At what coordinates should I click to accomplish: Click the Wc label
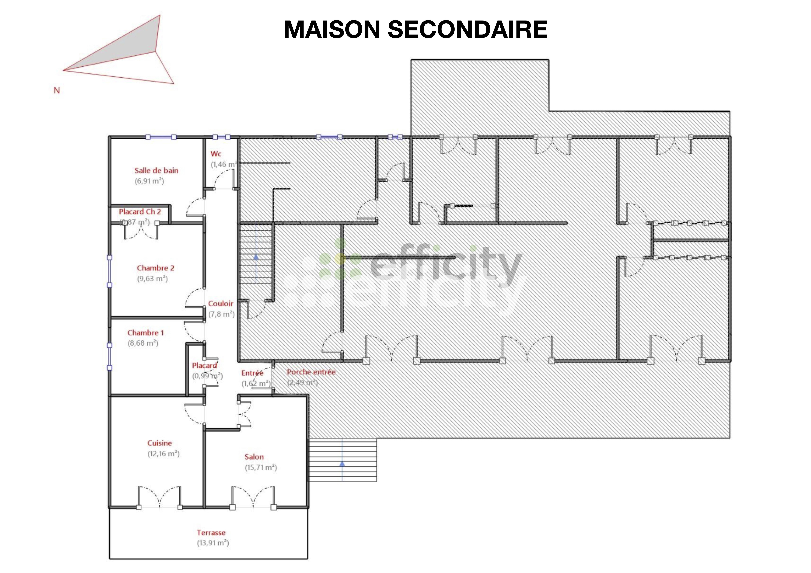click(x=216, y=154)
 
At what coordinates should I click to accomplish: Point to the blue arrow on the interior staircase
click(x=256, y=257)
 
